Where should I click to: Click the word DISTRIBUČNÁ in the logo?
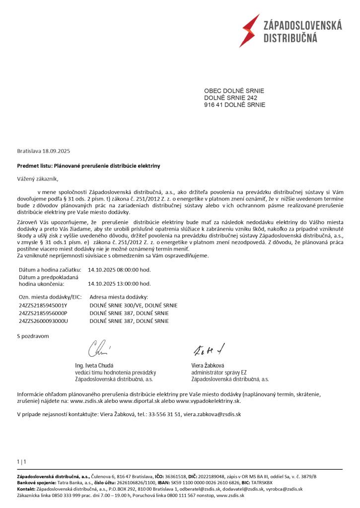point(289,38)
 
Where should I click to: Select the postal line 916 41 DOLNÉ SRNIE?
point(235,105)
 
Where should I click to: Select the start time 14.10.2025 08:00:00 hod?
point(119,270)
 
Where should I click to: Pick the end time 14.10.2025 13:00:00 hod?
point(119,284)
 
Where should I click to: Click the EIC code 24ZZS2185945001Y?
point(43,306)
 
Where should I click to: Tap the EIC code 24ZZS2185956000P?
point(43,314)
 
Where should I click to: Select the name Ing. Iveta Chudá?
point(94,365)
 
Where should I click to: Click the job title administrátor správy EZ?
point(219,372)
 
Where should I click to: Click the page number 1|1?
point(21,462)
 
